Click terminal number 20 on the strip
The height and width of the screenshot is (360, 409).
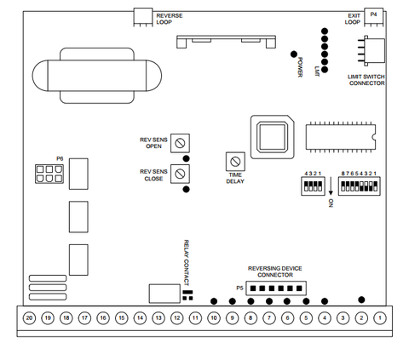[29, 318]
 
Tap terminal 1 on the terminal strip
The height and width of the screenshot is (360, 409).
[380, 318]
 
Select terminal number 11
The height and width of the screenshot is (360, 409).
[195, 318]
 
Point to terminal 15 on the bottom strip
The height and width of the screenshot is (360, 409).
[122, 318]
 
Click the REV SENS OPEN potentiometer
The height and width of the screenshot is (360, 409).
[180, 143]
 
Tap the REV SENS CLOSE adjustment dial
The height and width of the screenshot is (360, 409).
[180, 174]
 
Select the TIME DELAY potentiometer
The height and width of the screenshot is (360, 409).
[235, 162]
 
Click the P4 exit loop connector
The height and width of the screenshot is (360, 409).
[374, 17]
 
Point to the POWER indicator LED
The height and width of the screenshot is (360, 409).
[294, 54]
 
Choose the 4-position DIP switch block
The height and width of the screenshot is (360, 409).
[313, 186]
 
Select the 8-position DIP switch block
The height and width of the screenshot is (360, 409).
[359, 186]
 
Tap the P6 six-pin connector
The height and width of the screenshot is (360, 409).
[49, 174]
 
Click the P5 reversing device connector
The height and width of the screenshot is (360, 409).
[276, 289]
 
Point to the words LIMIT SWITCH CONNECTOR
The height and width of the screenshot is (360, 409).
[366, 80]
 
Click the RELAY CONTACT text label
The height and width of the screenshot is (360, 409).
[186, 263]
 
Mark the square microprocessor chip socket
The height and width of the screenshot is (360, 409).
[272, 137]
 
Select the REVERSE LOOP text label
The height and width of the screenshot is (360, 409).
[170, 19]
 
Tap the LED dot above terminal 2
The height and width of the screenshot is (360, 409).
[361, 300]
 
